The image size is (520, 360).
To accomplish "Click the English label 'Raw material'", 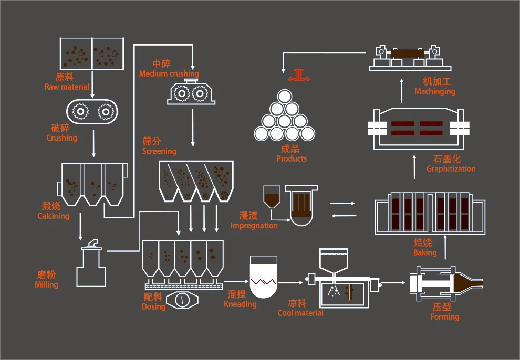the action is click(67, 87).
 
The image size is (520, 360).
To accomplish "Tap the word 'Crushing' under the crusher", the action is click(61, 138).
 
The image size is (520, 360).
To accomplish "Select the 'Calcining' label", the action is click(53, 216).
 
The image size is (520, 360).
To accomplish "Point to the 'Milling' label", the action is click(46, 284).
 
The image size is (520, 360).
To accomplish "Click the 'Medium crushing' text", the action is click(169, 74).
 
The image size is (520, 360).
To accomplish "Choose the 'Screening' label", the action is click(159, 151).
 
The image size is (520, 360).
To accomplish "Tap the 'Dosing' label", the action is click(153, 306).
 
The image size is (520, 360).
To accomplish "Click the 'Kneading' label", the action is click(240, 304).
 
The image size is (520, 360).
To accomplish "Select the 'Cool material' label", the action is click(300, 313).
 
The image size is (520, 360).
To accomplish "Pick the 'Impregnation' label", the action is click(254, 226).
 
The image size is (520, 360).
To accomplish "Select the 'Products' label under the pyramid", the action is click(292, 158).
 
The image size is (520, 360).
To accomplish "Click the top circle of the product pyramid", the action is click(284, 97).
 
